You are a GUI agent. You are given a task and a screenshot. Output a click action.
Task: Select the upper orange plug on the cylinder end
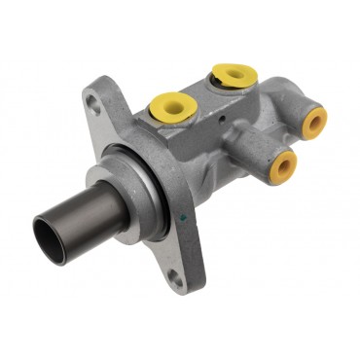click(x=313, y=119)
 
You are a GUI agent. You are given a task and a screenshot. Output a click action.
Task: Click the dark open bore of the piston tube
click(x=48, y=236)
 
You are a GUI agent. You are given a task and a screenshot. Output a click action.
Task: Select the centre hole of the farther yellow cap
click(x=231, y=73)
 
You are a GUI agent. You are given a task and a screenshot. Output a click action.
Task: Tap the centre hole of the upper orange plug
click(x=314, y=119)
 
